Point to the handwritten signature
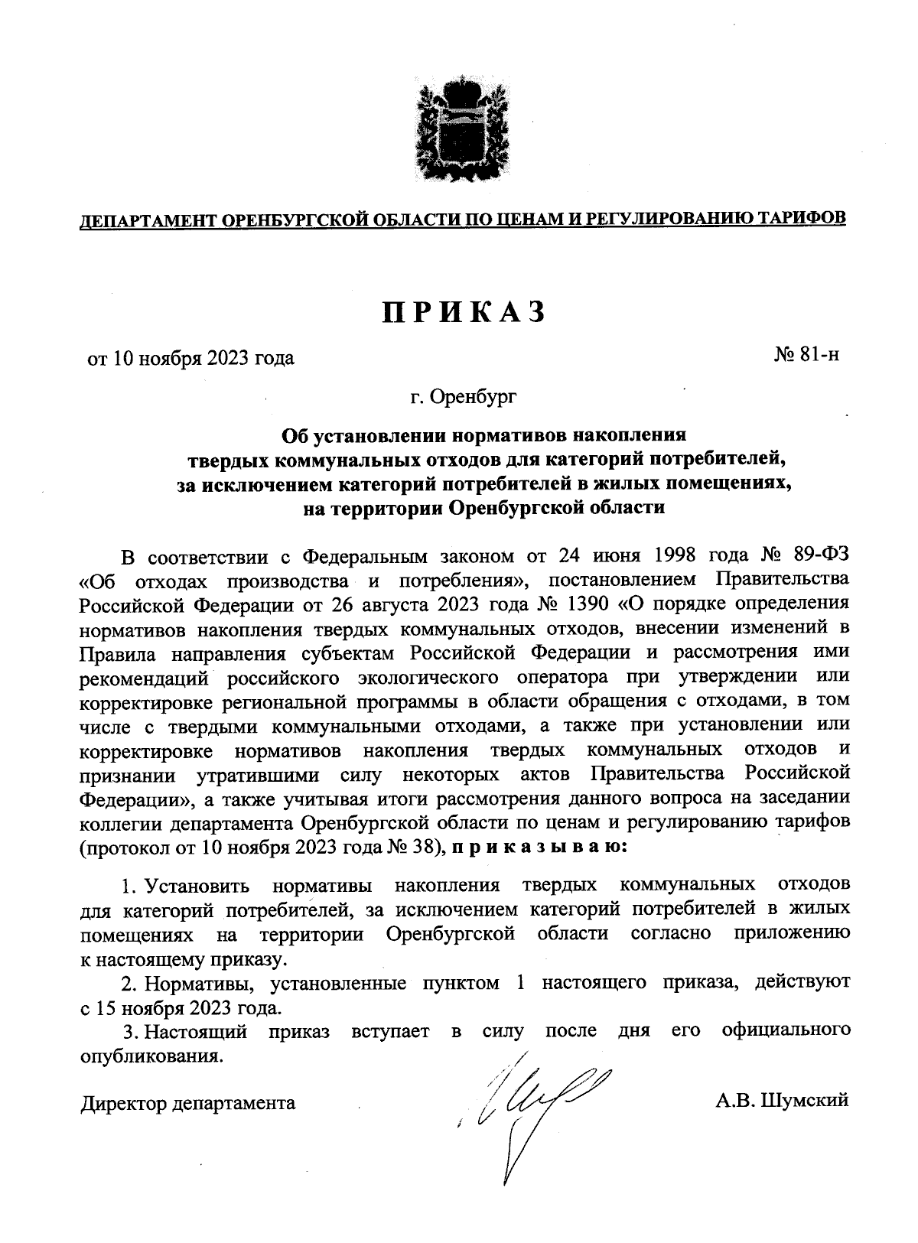(x=528, y=1101)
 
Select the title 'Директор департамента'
(x=188, y=1103)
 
